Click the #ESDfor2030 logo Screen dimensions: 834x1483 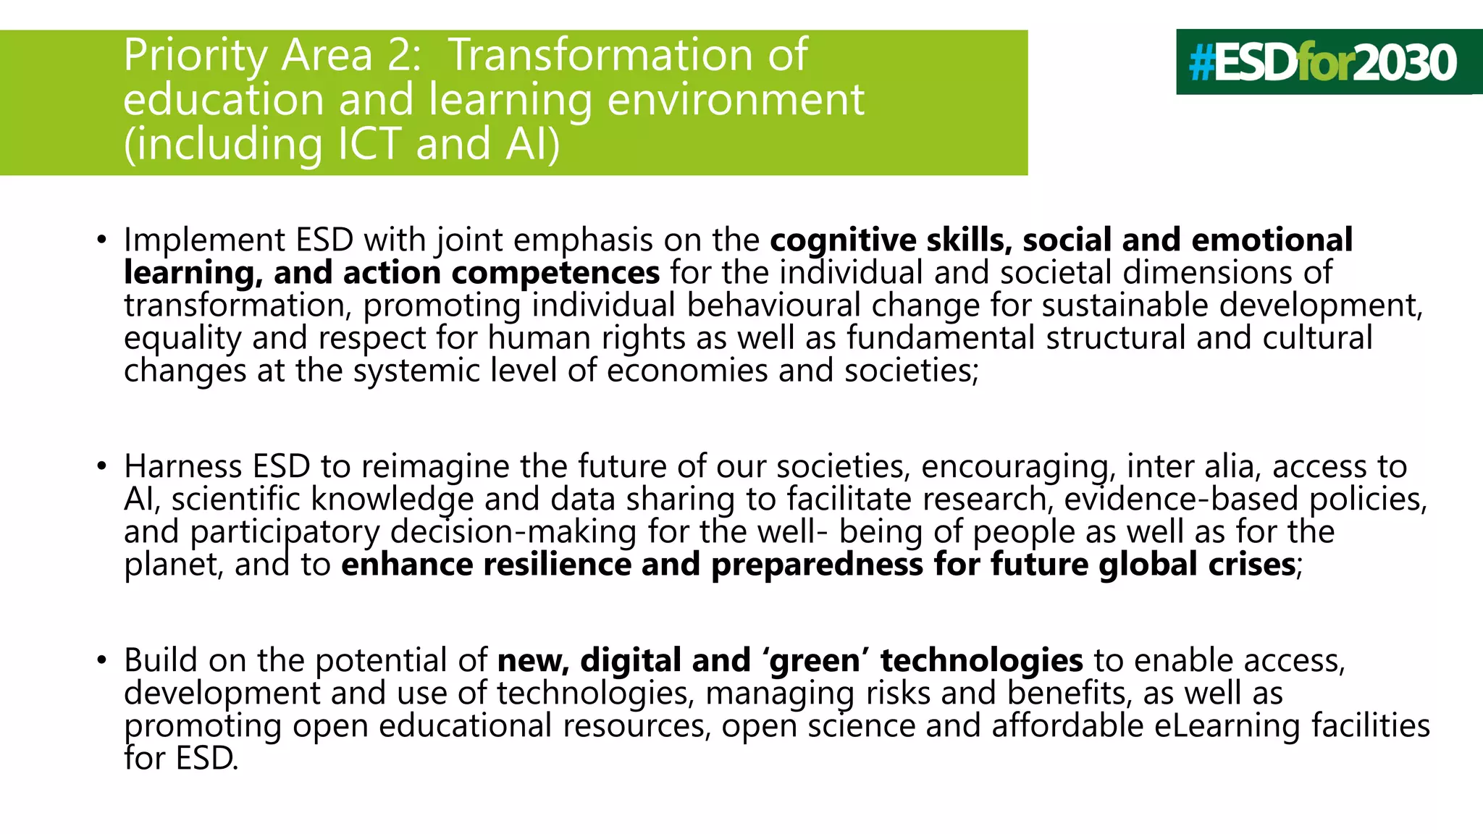click(1322, 62)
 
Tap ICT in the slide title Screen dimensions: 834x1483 click(369, 144)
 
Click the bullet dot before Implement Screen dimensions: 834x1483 click(102, 240)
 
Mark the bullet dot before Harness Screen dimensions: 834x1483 click(102, 466)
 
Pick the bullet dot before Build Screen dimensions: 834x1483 click(102, 660)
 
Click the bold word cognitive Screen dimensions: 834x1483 click(843, 240)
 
